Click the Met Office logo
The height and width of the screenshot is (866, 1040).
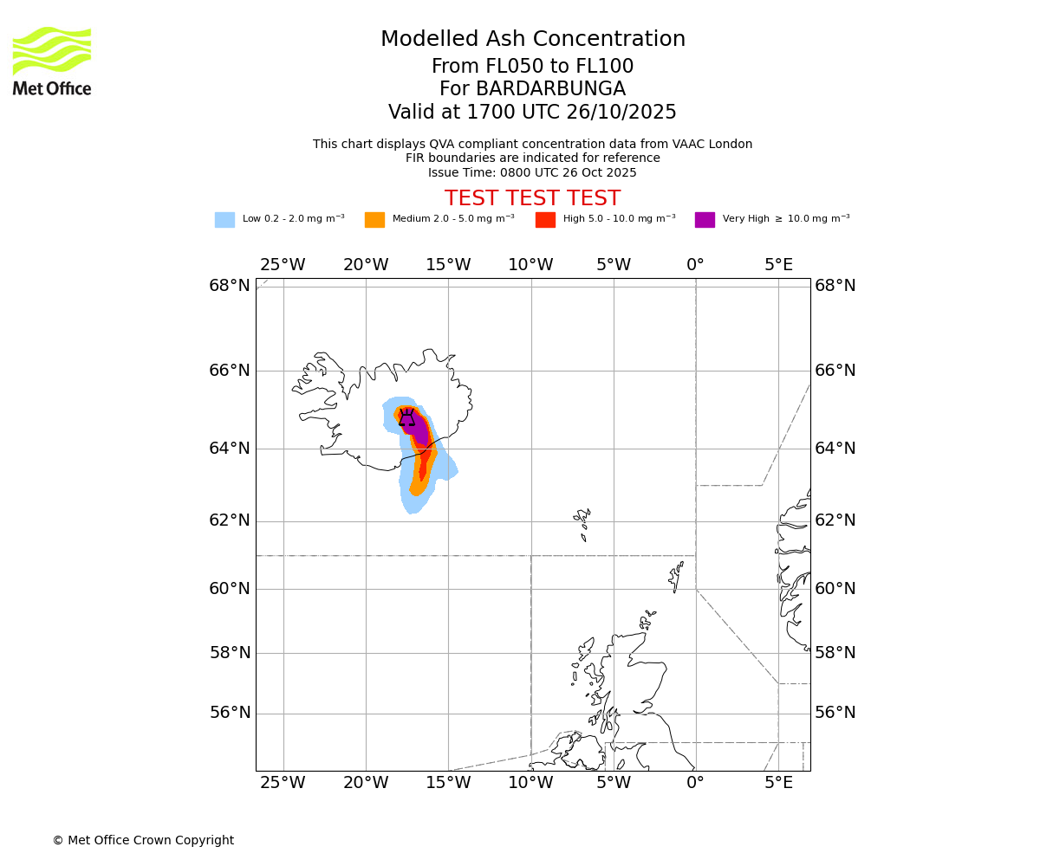(52, 61)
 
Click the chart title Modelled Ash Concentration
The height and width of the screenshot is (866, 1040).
(532, 40)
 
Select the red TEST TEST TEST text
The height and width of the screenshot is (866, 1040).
(532, 199)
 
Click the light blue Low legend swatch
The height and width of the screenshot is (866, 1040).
(224, 220)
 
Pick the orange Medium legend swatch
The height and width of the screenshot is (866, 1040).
(374, 220)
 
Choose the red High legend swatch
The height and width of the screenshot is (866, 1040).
(545, 220)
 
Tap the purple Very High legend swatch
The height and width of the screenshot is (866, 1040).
(705, 220)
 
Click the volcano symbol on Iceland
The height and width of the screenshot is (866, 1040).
(406, 417)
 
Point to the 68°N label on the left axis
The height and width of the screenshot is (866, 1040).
(229, 286)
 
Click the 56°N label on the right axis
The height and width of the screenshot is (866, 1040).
(835, 713)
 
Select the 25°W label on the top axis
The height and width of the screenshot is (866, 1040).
(283, 265)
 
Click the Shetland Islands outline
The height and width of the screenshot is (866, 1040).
(676, 575)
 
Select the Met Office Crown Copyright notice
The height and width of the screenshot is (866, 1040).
(143, 841)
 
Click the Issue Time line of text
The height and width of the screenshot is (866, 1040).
(532, 173)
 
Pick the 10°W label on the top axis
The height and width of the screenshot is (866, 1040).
(530, 265)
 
